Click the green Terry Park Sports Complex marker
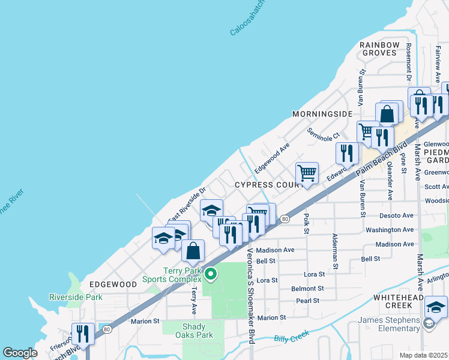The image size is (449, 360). point(210,275)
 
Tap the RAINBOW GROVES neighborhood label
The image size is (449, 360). point(379,49)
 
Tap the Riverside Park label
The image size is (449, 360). point(76,297)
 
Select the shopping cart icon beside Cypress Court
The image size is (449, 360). point(307,173)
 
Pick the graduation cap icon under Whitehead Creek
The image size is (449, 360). point(436,307)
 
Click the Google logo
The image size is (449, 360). point(20,353)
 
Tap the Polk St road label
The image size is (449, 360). point(307,223)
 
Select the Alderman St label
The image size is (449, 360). point(336,251)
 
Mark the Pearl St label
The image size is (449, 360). point(307,301)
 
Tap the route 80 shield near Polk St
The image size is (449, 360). point(285,219)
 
